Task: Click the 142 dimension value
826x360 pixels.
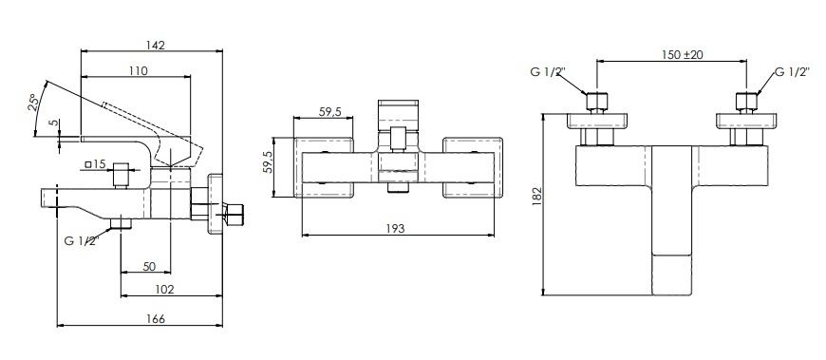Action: click(x=156, y=45)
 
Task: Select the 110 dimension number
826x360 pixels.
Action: click(x=138, y=70)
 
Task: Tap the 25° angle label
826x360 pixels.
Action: click(x=32, y=103)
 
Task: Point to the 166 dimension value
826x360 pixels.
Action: click(x=156, y=319)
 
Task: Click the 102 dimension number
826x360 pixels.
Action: click(x=165, y=289)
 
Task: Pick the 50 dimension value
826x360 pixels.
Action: click(x=149, y=266)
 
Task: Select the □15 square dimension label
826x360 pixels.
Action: click(x=95, y=164)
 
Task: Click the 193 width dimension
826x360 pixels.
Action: click(x=395, y=228)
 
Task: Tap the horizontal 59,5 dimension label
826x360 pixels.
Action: click(x=330, y=112)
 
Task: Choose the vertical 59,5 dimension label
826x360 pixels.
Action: click(x=267, y=161)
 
